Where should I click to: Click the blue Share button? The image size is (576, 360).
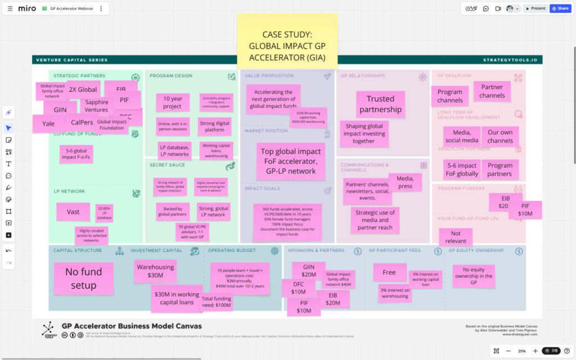pyautogui.click(x=560, y=8)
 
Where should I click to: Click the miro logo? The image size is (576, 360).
pyautogui.click(x=27, y=8)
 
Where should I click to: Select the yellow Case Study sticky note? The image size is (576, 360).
pyautogui.click(x=287, y=39)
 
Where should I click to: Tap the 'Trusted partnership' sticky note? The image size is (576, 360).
pyautogui.click(x=381, y=104)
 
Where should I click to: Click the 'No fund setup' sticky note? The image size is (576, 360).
pyautogui.click(x=83, y=278)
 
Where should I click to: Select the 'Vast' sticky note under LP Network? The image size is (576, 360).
pyautogui.click(x=73, y=211)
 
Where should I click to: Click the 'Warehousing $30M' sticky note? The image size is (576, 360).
pyautogui.click(x=155, y=271)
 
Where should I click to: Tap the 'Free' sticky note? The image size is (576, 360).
pyautogui.click(x=389, y=272)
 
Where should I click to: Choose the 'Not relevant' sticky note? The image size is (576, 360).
pyautogui.click(x=455, y=237)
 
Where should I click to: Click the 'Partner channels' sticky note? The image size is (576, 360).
pyautogui.click(x=492, y=91)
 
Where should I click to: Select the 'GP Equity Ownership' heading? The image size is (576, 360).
pyautogui.click(x=476, y=250)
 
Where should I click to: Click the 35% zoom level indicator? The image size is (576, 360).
pyautogui.click(x=521, y=351)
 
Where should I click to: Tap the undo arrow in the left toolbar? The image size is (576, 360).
pyautogui.click(x=8, y=251)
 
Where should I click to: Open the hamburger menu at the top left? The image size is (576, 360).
pyautogui.click(x=10, y=8)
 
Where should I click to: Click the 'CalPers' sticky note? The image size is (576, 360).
pyautogui.click(x=82, y=122)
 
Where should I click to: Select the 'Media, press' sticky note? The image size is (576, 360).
pyautogui.click(x=405, y=182)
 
